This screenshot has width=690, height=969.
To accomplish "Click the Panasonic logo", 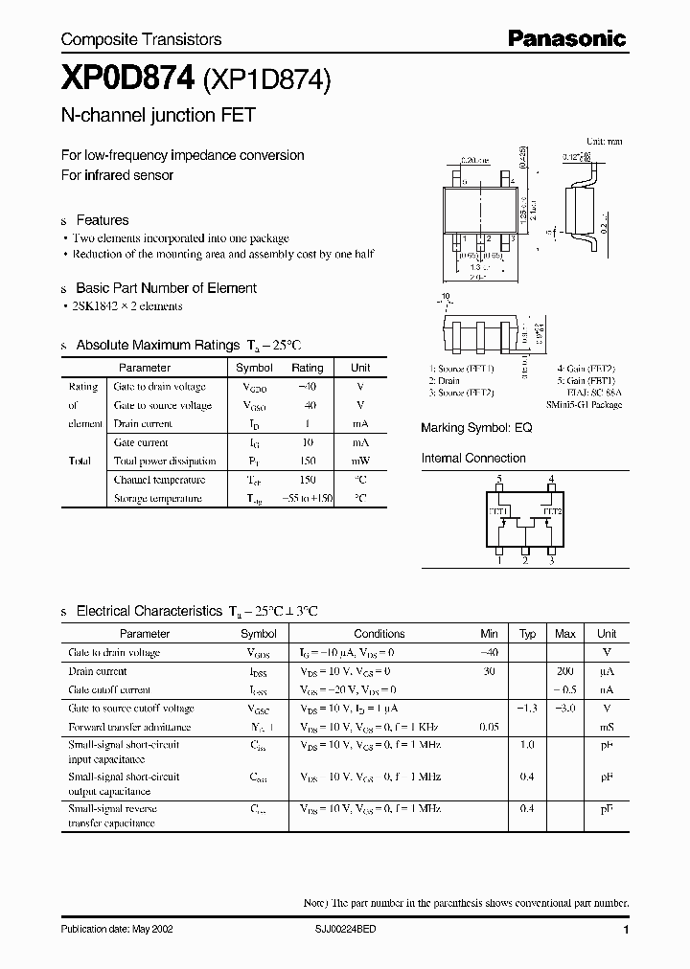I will coord(566,38).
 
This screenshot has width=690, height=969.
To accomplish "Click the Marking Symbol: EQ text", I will coord(476,428).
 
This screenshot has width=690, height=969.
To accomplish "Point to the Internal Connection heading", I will coord(473,459).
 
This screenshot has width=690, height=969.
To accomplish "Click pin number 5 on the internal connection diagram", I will coord(498,479).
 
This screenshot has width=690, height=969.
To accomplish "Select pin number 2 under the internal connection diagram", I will coord(525,561).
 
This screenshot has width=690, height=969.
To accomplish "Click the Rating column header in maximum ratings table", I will coord(307,368).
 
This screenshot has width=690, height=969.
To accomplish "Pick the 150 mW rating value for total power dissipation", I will coord(307,461).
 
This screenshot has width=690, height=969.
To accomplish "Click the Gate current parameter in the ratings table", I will coord(141,442).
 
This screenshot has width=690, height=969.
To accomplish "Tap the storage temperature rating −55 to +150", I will coord(307,498).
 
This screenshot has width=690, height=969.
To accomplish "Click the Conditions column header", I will coord(379,634).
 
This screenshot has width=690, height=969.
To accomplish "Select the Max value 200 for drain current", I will coord(565,671).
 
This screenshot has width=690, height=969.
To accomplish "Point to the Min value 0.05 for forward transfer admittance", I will coord(490,727).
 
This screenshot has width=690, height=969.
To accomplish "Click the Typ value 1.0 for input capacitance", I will coord(527,745).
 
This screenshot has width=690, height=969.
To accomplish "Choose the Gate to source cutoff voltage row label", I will coord(131,709).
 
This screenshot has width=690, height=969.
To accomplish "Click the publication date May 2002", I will coord(118,930).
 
